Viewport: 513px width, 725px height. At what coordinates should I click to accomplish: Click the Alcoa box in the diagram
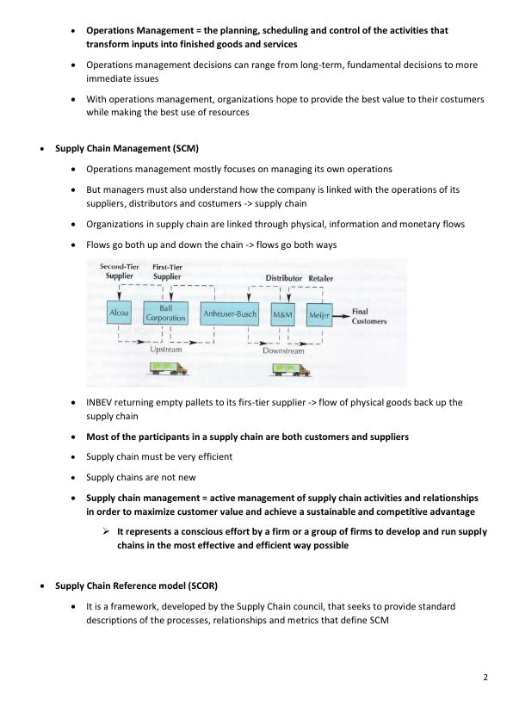coord(119,315)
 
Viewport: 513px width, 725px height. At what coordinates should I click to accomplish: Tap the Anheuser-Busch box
coord(230,315)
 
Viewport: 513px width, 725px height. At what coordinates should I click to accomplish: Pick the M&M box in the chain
coord(283,315)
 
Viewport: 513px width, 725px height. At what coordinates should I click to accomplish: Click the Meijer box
coord(318,315)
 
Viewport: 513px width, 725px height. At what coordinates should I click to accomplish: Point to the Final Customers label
coord(369,316)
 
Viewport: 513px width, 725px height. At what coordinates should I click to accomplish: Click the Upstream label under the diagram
coord(166,349)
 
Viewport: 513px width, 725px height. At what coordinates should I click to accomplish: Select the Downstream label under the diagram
coord(283,350)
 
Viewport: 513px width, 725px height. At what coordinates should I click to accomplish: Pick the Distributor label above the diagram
coord(283,279)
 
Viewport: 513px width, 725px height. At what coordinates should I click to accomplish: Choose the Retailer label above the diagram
coord(321,279)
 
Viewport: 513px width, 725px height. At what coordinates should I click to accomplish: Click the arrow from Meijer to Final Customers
coord(341,315)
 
